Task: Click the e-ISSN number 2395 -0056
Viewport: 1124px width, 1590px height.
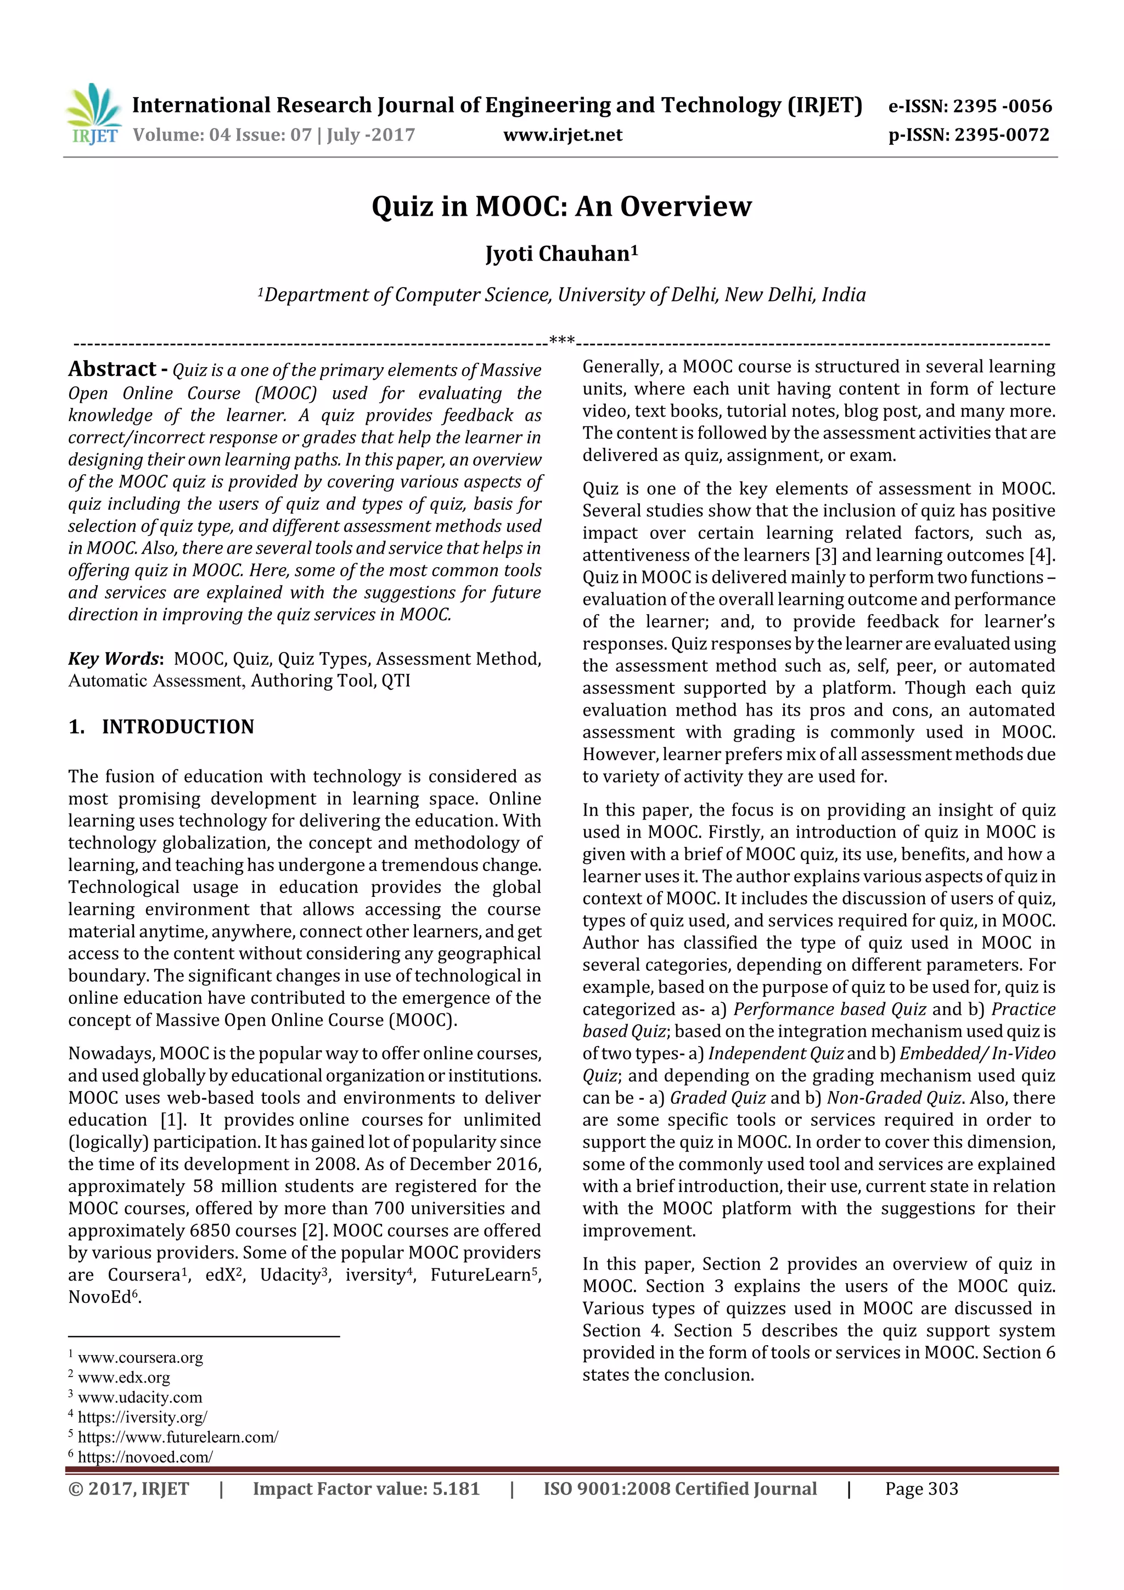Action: pyautogui.click(x=1002, y=106)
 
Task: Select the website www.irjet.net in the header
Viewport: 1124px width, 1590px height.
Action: pyautogui.click(x=563, y=135)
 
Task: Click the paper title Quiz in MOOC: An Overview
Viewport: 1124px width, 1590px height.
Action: pyautogui.click(x=561, y=206)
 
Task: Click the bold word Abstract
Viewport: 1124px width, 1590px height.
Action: pyautogui.click(x=112, y=369)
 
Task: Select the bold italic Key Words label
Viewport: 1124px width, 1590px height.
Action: pyautogui.click(x=114, y=659)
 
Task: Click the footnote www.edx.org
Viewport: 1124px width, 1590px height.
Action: pyautogui.click(x=123, y=1378)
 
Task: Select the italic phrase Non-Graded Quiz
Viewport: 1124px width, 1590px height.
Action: pyautogui.click(x=893, y=1098)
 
